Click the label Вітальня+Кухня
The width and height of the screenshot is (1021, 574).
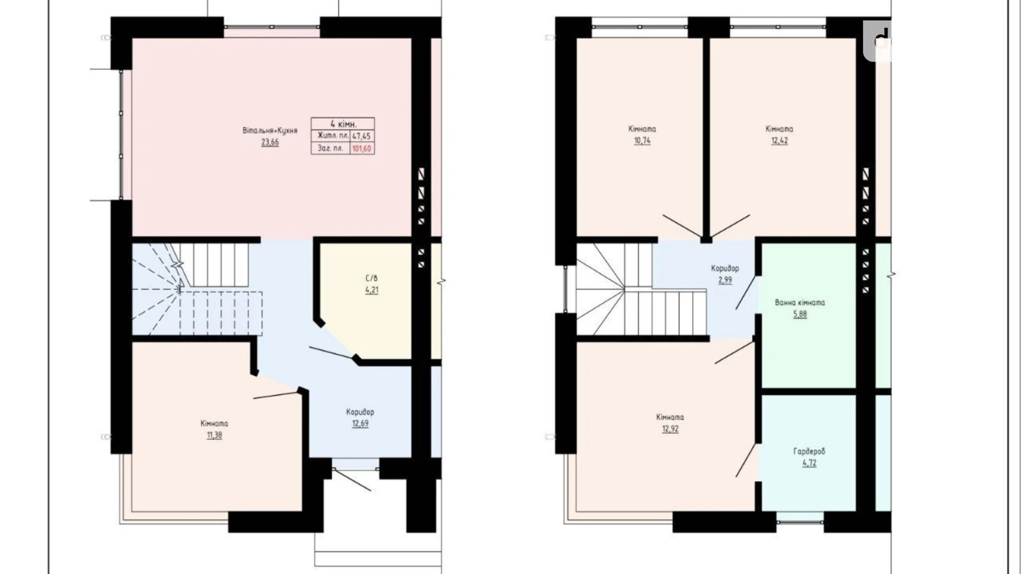click(x=270, y=131)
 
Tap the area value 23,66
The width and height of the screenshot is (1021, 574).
click(x=270, y=142)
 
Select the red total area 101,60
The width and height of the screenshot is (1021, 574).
click(x=361, y=148)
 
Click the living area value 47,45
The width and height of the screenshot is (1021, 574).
click(x=361, y=136)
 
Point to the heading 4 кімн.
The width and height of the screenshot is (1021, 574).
click(x=343, y=124)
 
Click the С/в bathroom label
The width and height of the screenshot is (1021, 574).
click(x=371, y=279)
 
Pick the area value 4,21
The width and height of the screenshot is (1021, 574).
click(x=371, y=290)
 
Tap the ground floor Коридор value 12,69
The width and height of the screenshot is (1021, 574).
click(x=360, y=424)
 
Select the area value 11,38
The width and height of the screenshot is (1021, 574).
click(x=214, y=435)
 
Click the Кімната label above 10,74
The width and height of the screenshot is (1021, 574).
click(x=642, y=129)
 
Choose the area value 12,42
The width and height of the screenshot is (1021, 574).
click(x=779, y=141)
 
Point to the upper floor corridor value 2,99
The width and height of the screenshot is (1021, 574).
click(x=725, y=280)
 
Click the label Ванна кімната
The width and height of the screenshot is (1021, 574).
click(x=800, y=302)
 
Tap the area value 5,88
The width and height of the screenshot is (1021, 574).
click(x=800, y=315)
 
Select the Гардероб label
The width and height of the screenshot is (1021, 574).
click(x=809, y=451)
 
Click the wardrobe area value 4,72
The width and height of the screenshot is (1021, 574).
click(x=809, y=464)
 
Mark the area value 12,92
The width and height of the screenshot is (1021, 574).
click(x=670, y=429)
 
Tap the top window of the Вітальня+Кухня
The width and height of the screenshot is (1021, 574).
click(x=272, y=26)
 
